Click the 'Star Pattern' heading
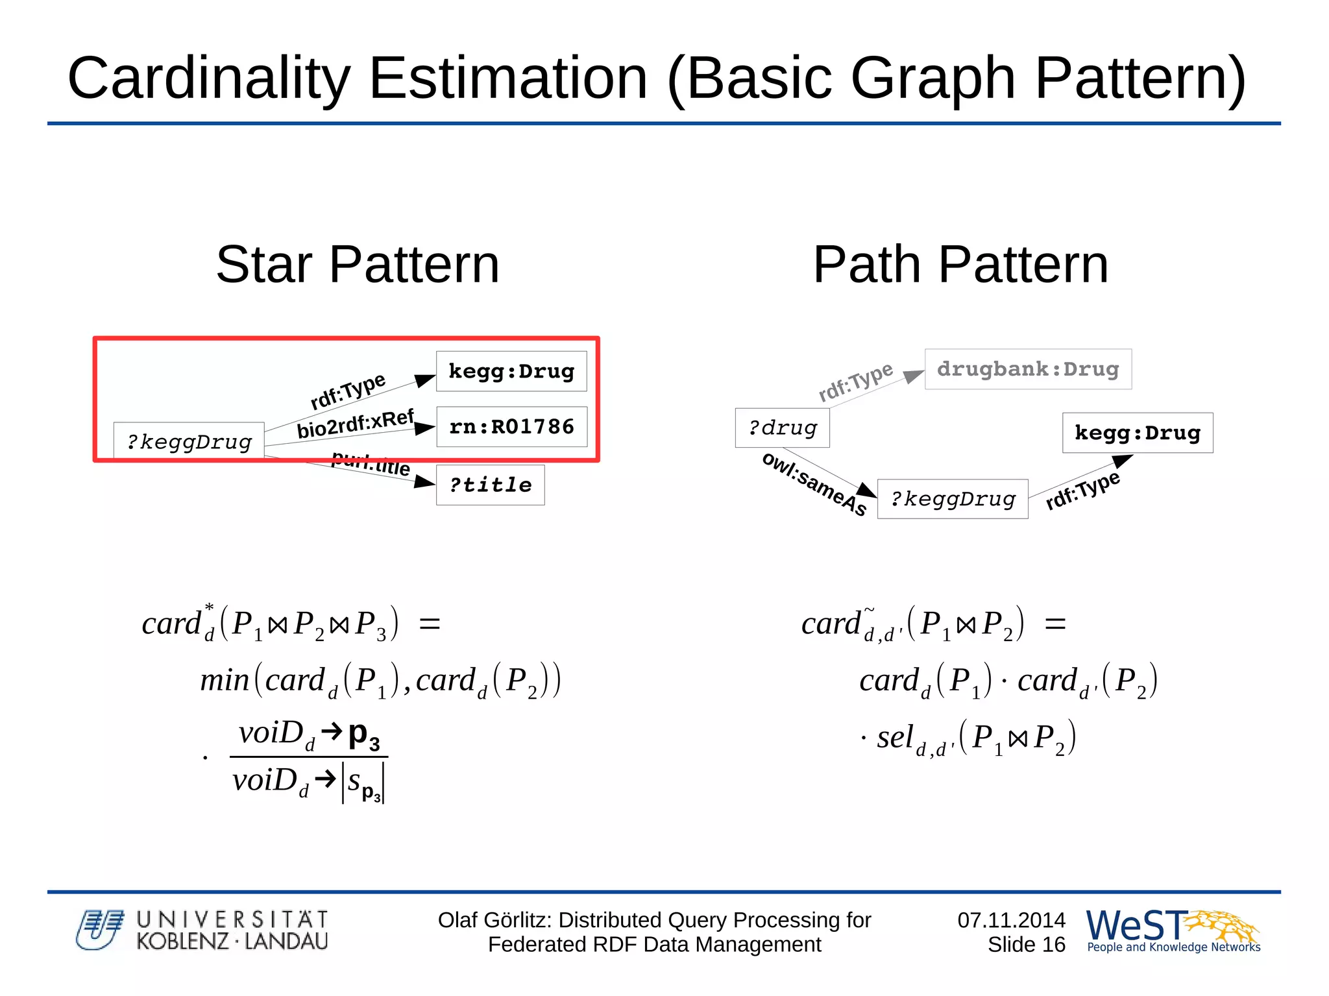pyautogui.click(x=358, y=265)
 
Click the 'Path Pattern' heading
pyautogui.click(x=960, y=265)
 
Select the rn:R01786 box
pyautogui.click(x=511, y=426)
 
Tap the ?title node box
pyautogui.click(x=490, y=485)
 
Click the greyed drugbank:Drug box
pyautogui.click(x=1028, y=369)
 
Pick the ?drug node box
pyautogui.click(x=782, y=428)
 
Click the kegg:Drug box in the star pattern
pyautogui.click(x=511, y=371)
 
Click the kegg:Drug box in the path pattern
pyautogui.click(x=1137, y=433)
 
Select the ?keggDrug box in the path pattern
pyautogui.click(x=953, y=499)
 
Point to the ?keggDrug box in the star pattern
pyautogui.click(x=189, y=442)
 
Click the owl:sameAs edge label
pyautogui.click(x=814, y=483)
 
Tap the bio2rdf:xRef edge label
pyautogui.click(x=355, y=424)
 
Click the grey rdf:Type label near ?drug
pyautogui.click(x=855, y=382)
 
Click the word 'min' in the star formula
pyautogui.click(x=225, y=681)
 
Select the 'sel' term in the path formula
pyautogui.click(x=895, y=738)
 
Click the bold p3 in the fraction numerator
pyautogui.click(x=363, y=736)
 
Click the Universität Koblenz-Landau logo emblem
pyautogui.click(x=99, y=930)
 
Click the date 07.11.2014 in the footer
pyautogui.click(x=1011, y=920)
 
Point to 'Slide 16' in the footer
pyautogui.click(x=1026, y=945)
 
